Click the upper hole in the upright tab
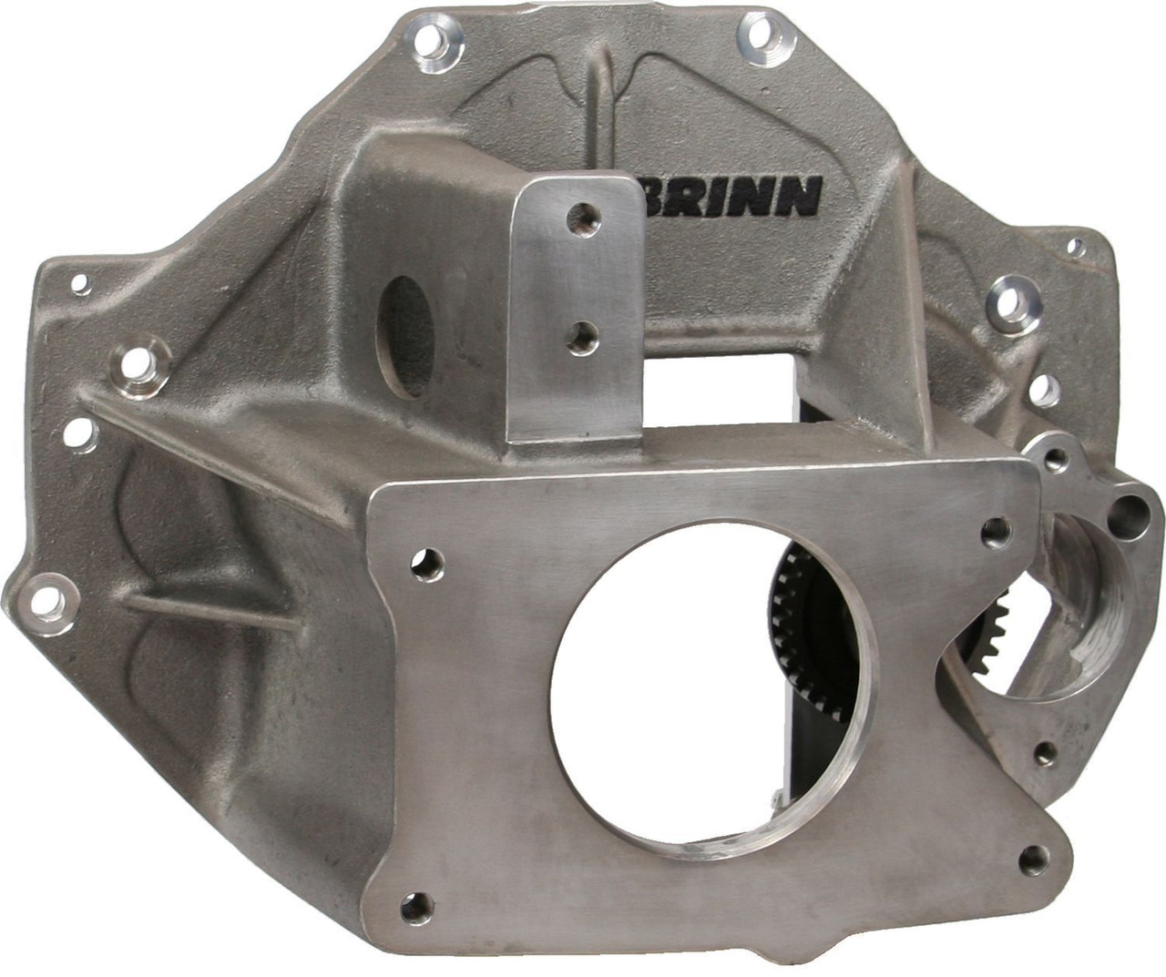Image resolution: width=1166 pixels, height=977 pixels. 576,218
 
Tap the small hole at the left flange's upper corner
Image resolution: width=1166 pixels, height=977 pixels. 80,283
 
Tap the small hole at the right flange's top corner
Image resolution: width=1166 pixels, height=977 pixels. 1075,244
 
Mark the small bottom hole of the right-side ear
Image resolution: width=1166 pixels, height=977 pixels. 1045,751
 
